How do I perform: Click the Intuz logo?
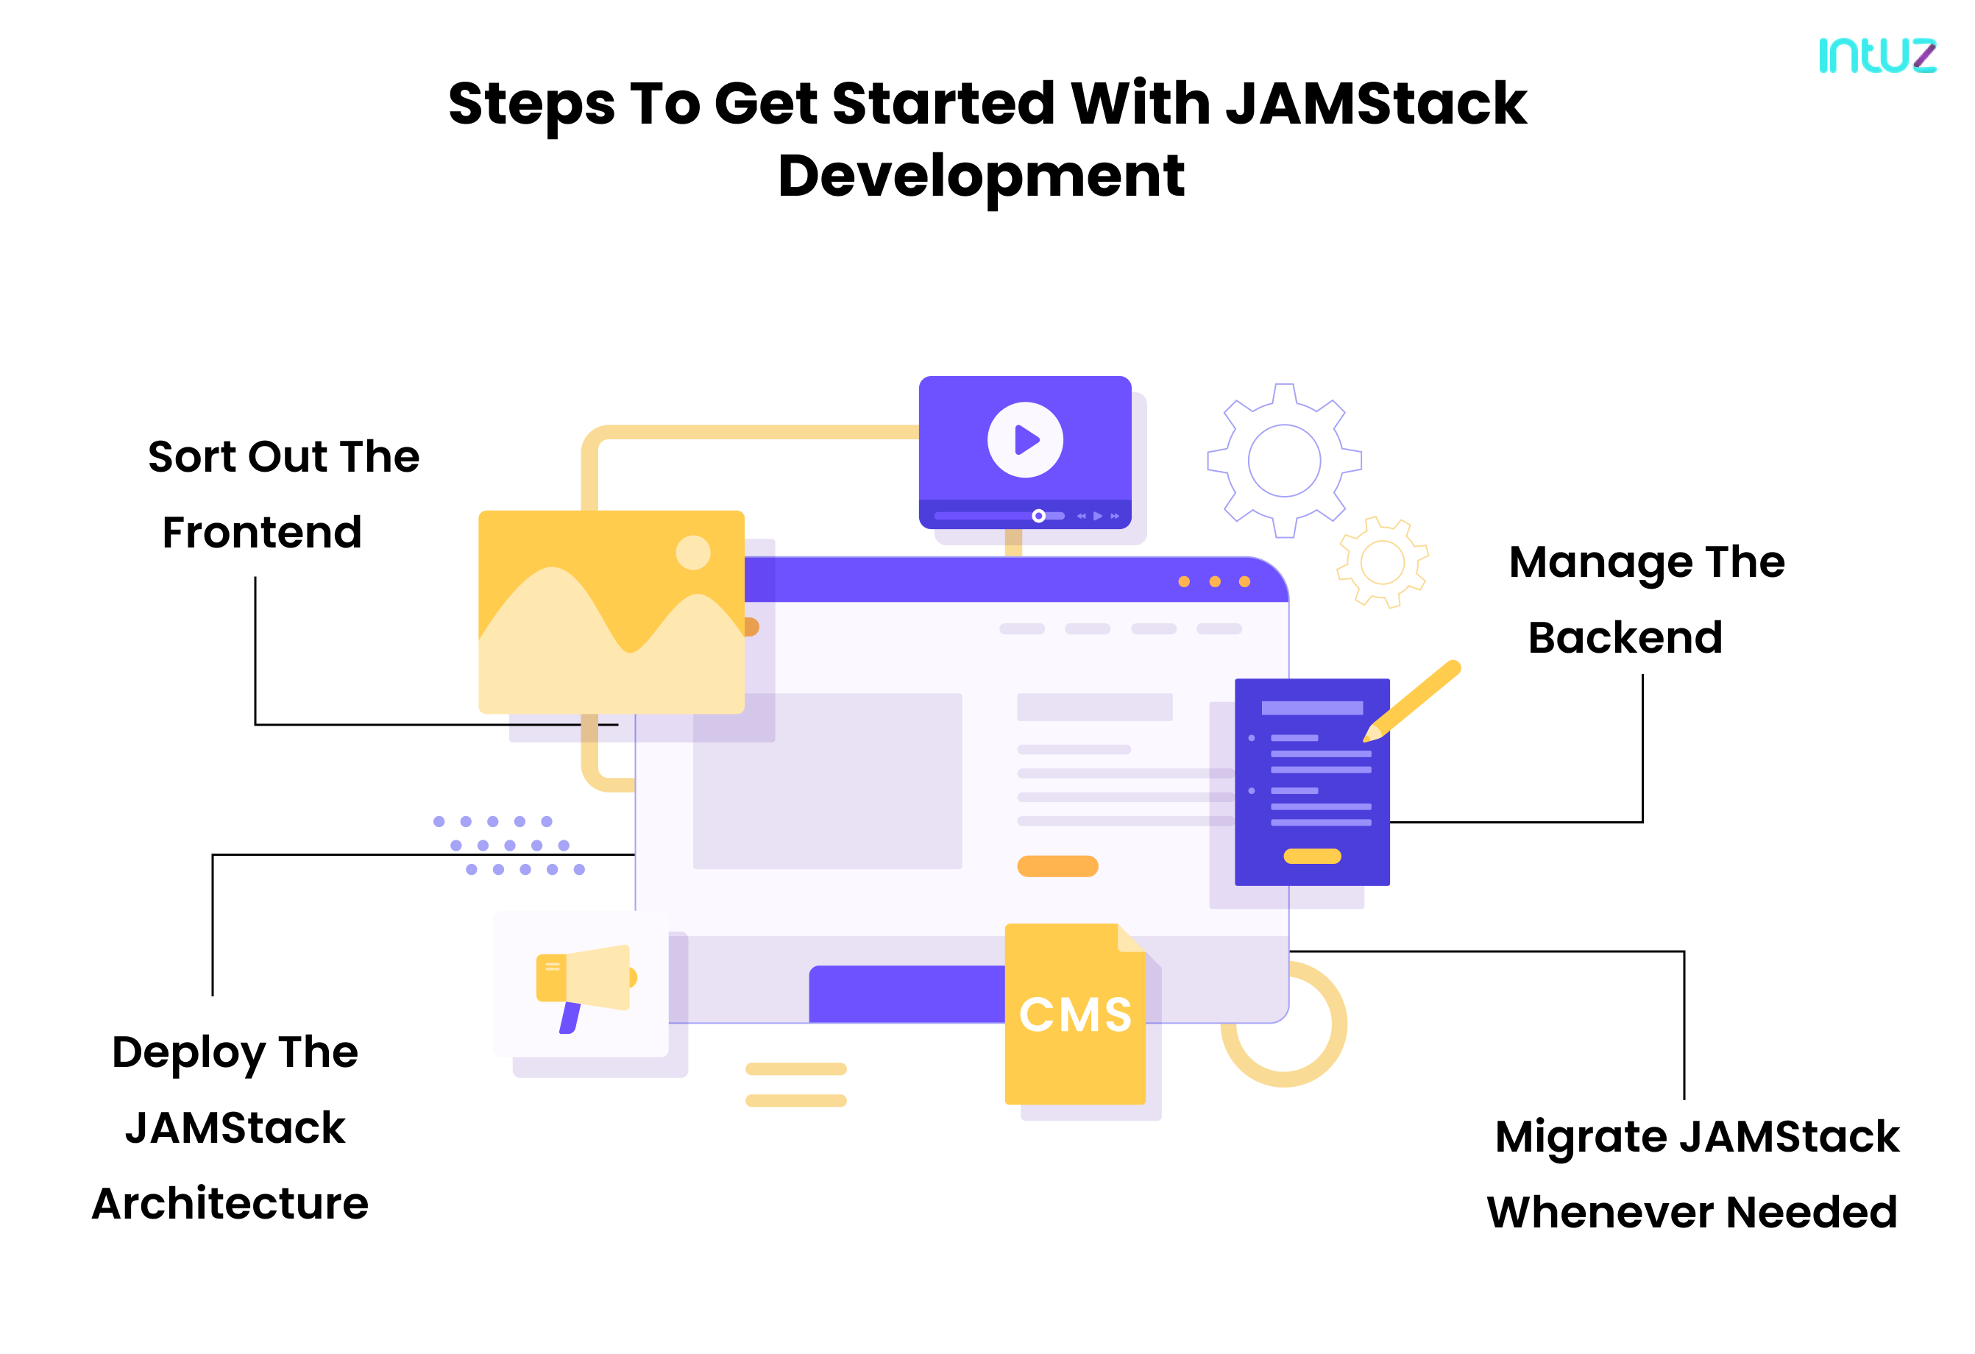(x=1876, y=55)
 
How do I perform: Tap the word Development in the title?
(x=981, y=176)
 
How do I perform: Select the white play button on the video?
(x=1025, y=439)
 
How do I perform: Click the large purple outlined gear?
(x=1284, y=460)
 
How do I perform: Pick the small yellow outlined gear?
(x=1383, y=561)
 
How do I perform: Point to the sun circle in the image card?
(x=692, y=553)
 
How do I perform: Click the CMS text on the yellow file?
(x=1075, y=1015)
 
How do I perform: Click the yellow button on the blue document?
(x=1311, y=856)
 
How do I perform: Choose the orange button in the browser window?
(x=1057, y=866)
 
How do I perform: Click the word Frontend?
(x=262, y=533)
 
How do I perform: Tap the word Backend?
(x=1625, y=637)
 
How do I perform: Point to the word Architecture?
(x=230, y=1204)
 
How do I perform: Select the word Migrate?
(x=1581, y=1137)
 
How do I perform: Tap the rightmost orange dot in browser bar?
(x=1244, y=581)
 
